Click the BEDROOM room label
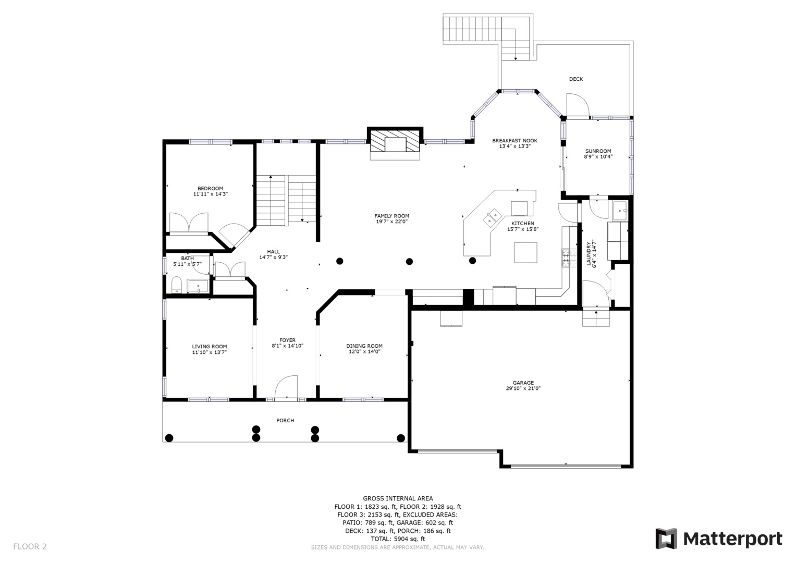click(211, 188)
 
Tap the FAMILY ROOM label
click(391, 216)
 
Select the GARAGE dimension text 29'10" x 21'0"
click(523, 388)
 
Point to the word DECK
click(576, 79)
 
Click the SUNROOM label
click(598, 151)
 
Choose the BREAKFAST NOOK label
click(515, 141)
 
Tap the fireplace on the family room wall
click(395, 144)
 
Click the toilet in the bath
click(177, 285)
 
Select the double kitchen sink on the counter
click(492, 217)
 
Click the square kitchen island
click(525, 252)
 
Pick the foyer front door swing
click(286, 387)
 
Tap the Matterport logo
click(719, 539)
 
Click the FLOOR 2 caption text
click(30, 546)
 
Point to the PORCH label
click(285, 421)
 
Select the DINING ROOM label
click(364, 346)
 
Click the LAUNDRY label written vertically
click(589, 253)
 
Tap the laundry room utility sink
click(621, 211)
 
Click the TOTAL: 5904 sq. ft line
click(398, 539)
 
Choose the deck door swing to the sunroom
click(578, 105)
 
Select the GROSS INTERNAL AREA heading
click(398, 499)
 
